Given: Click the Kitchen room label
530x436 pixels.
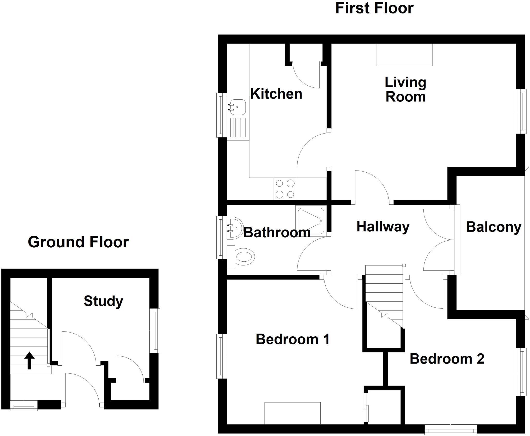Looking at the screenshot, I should pos(276,94).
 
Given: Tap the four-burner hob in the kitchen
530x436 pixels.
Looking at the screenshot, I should pos(285,189).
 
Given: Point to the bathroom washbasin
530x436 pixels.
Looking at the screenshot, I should pos(235,228).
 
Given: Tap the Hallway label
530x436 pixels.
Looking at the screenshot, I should pos(383,227).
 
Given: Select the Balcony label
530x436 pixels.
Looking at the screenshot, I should pos(494,227).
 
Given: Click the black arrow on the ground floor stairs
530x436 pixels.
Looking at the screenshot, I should pos(29,360).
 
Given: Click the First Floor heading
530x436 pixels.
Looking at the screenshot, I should pos(374,8).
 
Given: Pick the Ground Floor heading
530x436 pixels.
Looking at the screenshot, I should pos(78,242).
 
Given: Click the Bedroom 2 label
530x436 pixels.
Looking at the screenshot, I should pos(447,359).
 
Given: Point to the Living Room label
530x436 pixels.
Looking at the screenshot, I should pos(405,90).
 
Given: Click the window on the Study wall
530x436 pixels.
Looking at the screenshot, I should pos(155,330).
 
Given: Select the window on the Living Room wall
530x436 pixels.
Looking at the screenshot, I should pos(521,111).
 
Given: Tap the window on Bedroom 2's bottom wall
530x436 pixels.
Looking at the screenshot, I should pos(451,431).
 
